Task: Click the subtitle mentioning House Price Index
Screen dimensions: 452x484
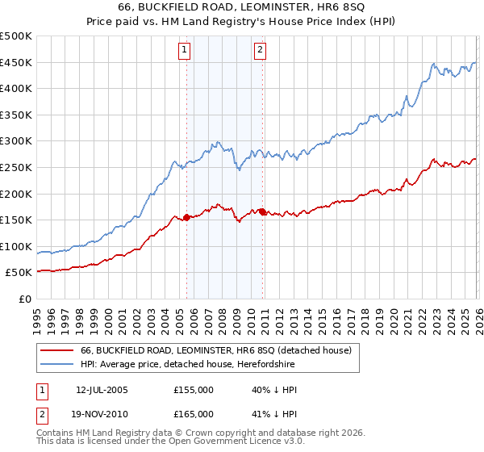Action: click(242, 23)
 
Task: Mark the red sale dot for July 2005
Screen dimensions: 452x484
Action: click(186, 217)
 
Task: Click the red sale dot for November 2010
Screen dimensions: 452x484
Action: click(262, 212)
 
